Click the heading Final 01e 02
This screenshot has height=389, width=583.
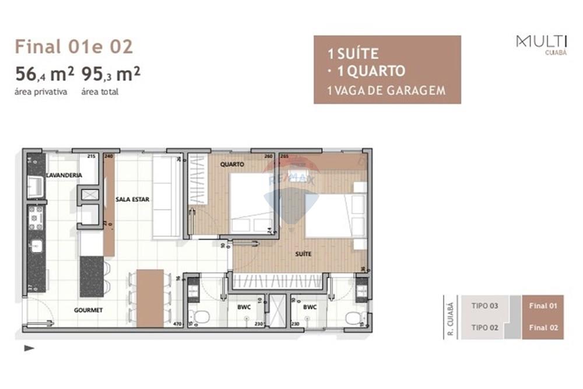click(73, 46)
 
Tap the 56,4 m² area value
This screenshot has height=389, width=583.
click(44, 75)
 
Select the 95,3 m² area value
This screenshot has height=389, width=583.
click(111, 75)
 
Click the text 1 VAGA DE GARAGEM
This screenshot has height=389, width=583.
click(387, 90)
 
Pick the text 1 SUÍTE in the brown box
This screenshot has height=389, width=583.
click(353, 54)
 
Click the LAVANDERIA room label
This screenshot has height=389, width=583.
click(65, 175)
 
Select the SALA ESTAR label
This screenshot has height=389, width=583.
click(132, 199)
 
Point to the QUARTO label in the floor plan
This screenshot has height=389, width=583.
click(231, 164)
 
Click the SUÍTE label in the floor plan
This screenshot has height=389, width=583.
click(303, 254)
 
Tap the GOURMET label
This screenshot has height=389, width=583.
click(88, 310)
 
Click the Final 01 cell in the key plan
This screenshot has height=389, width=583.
click(543, 306)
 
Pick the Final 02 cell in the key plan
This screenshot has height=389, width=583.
click(543, 328)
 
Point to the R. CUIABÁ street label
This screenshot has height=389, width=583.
click(449, 317)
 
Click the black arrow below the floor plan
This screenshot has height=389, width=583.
click(29, 348)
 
